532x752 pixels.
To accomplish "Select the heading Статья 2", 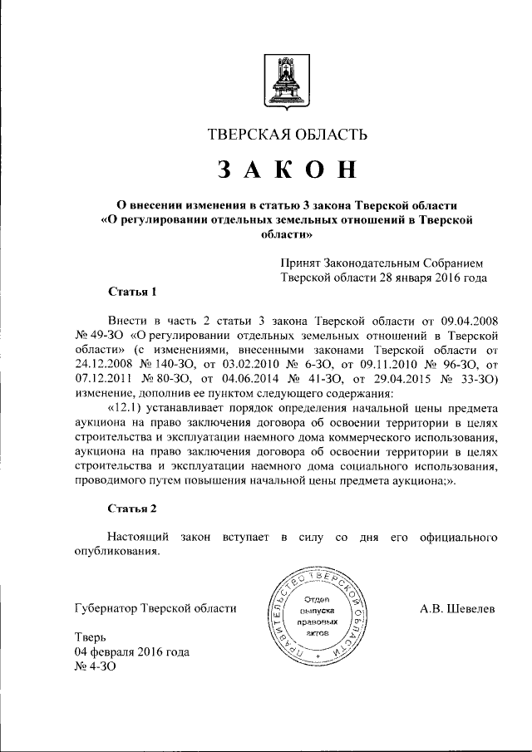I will [x=132, y=507].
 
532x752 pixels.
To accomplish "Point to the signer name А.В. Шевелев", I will [x=457, y=609].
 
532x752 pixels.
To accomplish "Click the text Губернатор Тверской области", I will [x=155, y=609].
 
